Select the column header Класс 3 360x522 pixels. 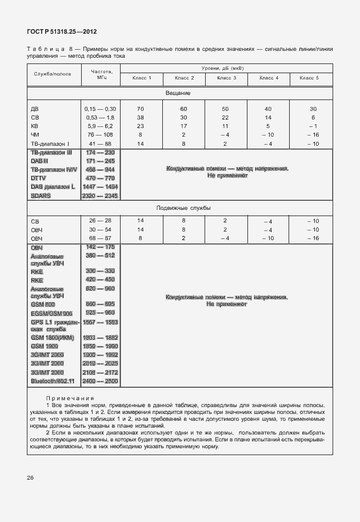225,77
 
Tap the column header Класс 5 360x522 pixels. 309,77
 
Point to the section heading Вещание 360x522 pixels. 178,93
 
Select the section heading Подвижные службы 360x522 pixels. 178,209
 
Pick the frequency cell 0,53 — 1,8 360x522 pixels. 100,117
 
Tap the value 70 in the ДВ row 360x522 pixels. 141,109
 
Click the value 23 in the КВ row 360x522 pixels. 141,126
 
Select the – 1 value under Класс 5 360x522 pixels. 312,126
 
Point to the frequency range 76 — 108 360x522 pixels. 100,135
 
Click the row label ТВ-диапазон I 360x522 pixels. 50,144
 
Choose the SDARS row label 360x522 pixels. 41,196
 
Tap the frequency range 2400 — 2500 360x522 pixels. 100,381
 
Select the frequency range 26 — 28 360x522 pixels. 100,220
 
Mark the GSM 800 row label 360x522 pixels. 43,305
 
